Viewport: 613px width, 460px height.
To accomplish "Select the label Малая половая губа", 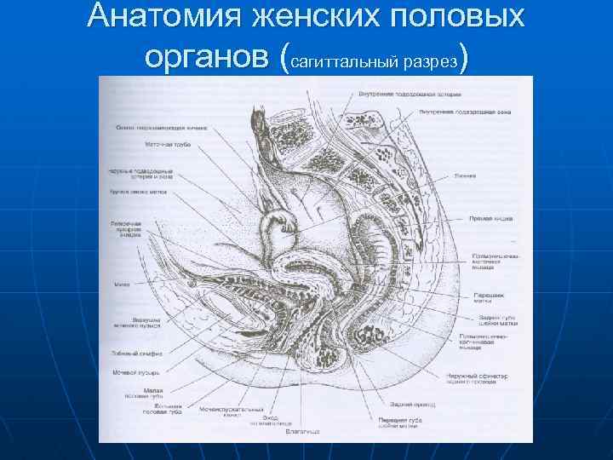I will (152, 394).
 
